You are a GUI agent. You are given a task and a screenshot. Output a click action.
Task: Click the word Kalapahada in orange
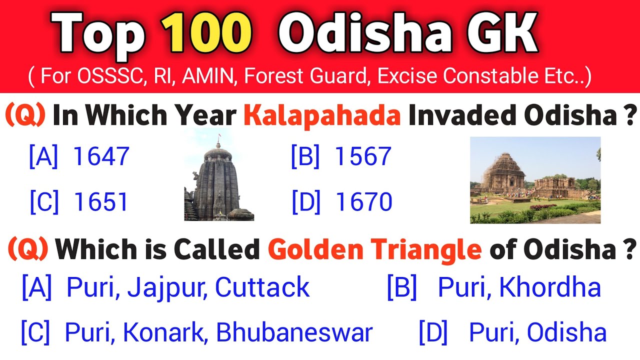click(322, 116)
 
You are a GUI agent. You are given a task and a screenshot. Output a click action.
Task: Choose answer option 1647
click(101, 156)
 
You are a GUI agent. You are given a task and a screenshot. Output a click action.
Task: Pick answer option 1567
click(362, 156)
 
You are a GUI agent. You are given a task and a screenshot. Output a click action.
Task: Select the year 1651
click(101, 202)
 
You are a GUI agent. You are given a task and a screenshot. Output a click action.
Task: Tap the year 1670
click(363, 202)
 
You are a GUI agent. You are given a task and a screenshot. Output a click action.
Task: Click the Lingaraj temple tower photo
click(218, 180)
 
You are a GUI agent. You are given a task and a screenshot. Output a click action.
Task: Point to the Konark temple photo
click(535, 180)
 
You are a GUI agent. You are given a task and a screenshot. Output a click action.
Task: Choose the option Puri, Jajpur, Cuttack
click(188, 288)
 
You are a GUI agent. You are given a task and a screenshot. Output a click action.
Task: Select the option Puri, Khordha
click(519, 288)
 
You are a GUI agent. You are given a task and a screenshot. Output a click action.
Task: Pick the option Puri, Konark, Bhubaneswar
click(218, 333)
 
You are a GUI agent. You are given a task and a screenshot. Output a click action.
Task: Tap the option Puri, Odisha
click(537, 333)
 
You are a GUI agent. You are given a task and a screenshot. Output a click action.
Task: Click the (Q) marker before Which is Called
click(28, 249)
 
